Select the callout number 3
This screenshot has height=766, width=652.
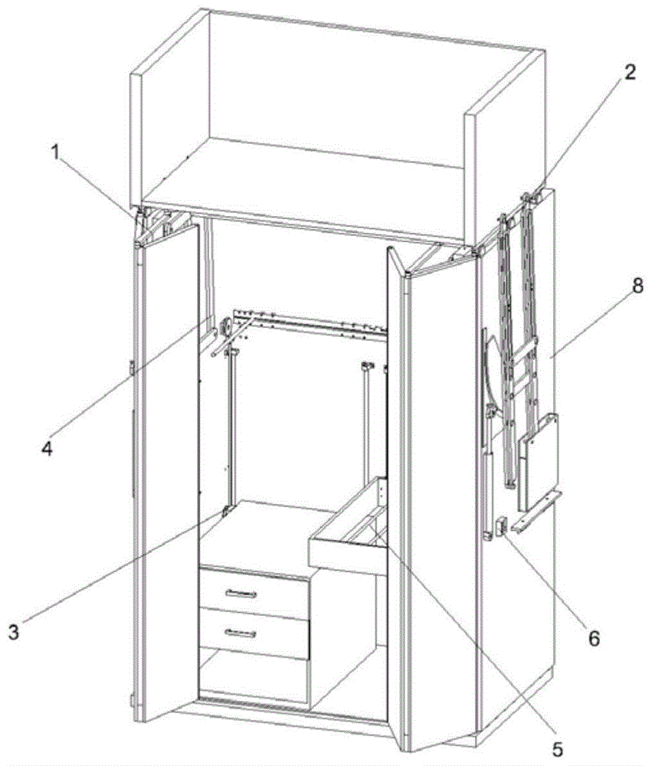point(14,633)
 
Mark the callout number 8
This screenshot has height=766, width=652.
point(637,287)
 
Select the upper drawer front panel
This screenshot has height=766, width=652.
point(253,594)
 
